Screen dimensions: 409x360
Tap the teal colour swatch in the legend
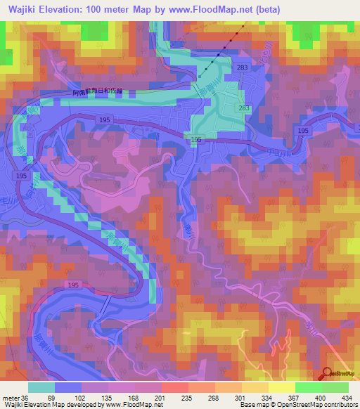click(x=41, y=387)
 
